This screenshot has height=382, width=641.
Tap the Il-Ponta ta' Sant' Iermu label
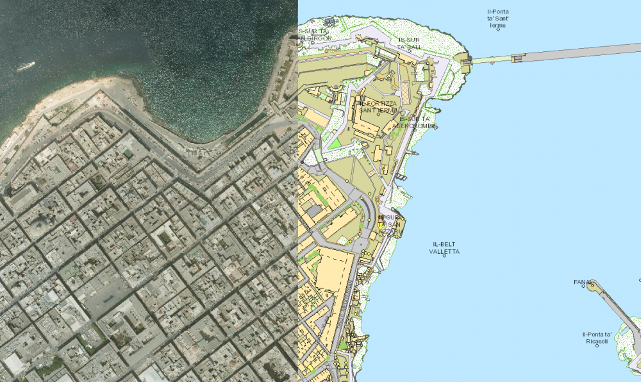[x=498, y=19]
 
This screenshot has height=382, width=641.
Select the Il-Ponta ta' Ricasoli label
[x=596, y=338]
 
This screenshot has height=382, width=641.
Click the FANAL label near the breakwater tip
[x=582, y=281]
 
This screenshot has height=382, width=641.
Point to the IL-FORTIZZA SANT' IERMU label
[x=378, y=106]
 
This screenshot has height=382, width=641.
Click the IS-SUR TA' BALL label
[x=410, y=43]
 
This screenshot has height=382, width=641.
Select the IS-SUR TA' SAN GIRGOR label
[x=315, y=35]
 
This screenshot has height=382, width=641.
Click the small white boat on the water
[x=26, y=65]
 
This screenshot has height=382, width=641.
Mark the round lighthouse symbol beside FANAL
[x=592, y=285]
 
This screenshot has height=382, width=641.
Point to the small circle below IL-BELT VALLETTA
[x=445, y=256]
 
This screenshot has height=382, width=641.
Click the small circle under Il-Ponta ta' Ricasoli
[x=597, y=347]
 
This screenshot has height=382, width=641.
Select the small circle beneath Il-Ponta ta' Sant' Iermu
[x=498, y=28]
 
